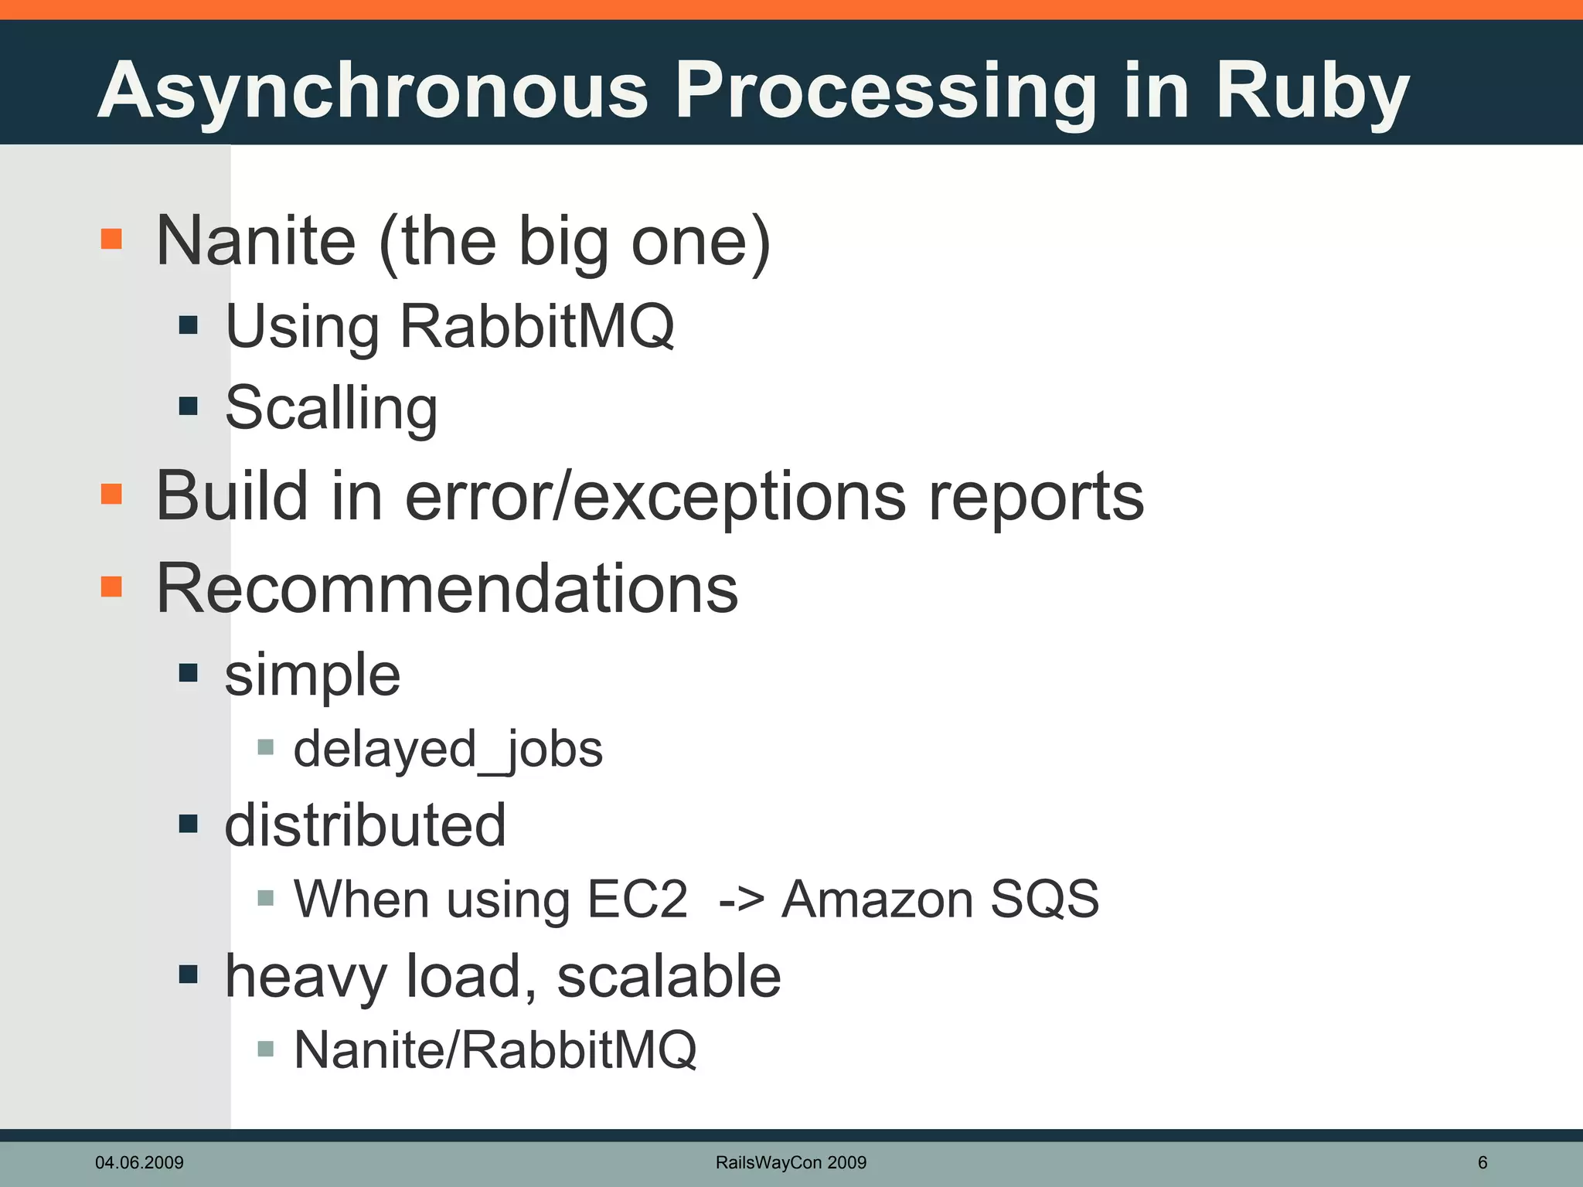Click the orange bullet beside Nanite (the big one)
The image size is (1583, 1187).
point(112,239)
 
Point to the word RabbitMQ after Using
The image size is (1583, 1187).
point(536,327)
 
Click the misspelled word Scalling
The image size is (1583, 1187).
point(331,408)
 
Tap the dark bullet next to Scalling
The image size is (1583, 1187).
point(189,406)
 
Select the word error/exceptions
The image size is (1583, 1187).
point(655,496)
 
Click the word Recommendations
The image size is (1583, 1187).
point(447,589)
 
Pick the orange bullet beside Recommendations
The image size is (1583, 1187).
point(112,587)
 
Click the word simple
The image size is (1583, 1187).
point(312,675)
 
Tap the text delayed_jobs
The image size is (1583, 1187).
point(448,750)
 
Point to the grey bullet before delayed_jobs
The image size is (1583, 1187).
point(266,747)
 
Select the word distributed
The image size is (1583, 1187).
point(365,825)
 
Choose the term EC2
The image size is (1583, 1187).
point(637,900)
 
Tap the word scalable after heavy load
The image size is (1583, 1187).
point(669,976)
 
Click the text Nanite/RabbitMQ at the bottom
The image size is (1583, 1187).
point(495,1050)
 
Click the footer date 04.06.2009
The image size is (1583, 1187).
point(139,1162)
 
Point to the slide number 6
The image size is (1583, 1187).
point(1483,1162)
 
